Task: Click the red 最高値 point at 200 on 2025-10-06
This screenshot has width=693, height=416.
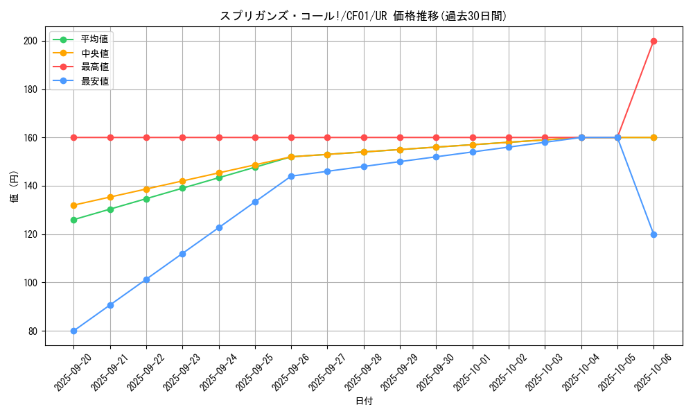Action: (653, 41)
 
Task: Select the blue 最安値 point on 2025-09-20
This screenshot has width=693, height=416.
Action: (74, 331)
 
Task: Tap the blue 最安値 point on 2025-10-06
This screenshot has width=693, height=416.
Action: (653, 234)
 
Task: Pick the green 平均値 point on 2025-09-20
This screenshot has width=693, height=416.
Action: (74, 220)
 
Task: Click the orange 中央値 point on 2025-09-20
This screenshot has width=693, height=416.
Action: (74, 205)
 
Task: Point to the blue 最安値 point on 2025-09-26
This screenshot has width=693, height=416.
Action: (291, 176)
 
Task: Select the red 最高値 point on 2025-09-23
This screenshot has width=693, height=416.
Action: (182, 137)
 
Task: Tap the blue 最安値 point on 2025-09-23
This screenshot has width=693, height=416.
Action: (182, 254)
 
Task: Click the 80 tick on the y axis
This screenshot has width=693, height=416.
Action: (33, 331)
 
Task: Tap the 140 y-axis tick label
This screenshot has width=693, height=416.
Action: (30, 186)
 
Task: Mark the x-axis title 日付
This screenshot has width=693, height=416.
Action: (364, 401)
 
